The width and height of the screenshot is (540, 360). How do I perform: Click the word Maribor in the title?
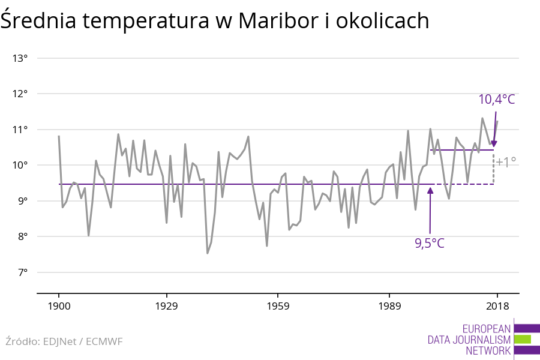pos(269,21)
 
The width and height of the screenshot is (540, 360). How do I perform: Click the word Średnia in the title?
pos(38,21)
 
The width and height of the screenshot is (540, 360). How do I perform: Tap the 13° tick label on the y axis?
pos(20,58)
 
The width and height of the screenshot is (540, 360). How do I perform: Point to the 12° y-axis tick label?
pos(20,94)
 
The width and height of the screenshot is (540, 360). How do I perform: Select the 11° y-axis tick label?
pos(20,130)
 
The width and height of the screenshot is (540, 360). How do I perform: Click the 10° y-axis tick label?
pos(20,165)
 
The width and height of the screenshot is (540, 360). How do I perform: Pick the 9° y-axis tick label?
pos(22,201)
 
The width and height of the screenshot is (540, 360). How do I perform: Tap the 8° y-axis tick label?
pos(22,236)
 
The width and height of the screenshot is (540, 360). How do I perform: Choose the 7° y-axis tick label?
pos(22,272)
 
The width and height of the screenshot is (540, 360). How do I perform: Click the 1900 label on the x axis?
pos(59,307)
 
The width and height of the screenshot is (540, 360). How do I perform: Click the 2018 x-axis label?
pos(497,307)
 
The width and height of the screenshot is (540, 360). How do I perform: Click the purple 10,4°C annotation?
pos(496,99)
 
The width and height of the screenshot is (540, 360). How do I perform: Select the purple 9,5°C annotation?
pos(430,243)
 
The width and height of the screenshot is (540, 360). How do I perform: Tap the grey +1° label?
pos(506,162)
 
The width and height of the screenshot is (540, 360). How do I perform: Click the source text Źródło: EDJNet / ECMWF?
pos(64,341)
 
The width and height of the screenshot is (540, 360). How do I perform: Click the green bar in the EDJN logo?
pos(523,339)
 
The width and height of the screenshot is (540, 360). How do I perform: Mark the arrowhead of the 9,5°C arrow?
pos(430,190)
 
